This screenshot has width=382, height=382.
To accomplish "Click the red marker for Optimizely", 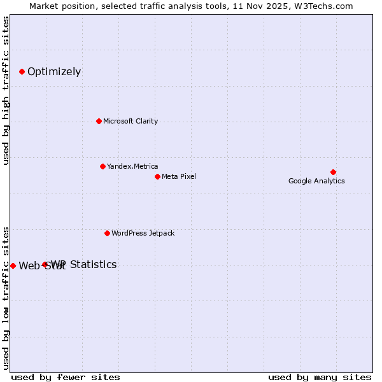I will coord(22,71).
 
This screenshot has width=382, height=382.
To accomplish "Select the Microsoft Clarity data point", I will coord(99,121).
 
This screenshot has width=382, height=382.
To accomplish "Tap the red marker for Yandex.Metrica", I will coord(103,166).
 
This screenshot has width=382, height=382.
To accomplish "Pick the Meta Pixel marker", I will coord(157,176).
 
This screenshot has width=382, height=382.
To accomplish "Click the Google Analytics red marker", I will coord(333,172).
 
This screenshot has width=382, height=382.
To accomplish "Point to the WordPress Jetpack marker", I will coord(107,233).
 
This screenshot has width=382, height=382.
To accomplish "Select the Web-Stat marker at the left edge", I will coord(13,265).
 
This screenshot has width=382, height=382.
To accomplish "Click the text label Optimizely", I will coord(54,71).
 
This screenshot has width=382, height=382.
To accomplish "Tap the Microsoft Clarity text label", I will coord(131,121).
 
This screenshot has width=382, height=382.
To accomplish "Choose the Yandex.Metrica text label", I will coord(132,166).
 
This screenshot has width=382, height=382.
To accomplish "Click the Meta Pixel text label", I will coord(179,176).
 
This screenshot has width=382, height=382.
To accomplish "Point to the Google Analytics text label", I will coord(316,181).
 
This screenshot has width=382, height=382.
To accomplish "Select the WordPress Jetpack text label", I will coord(143,233).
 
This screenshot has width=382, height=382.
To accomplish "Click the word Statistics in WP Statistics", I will coord(93,264).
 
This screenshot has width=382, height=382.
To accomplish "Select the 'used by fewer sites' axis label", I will coord(66,377).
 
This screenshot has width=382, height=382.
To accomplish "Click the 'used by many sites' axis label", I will coord(319,377).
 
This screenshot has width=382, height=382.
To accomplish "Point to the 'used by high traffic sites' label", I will coord(6,90).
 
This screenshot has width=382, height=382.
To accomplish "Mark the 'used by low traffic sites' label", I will coord(6,297).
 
